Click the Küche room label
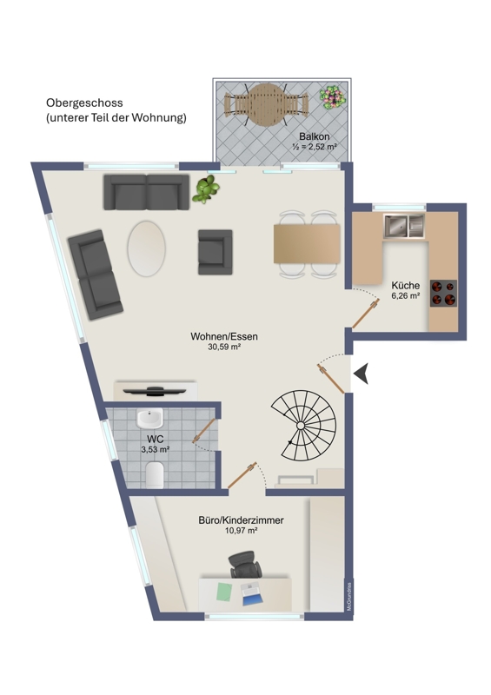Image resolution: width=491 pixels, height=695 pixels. point(405,285)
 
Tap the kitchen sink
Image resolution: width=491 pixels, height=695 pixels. point(403,226)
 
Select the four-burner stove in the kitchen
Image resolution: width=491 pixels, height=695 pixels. point(443,294)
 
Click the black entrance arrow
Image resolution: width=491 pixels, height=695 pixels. point(361,374)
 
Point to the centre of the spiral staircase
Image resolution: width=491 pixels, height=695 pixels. point(301,426)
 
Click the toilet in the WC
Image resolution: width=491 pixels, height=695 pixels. point(155,474)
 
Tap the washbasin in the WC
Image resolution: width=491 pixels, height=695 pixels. point(149,419)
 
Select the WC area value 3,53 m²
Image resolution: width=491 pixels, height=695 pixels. point(156,449)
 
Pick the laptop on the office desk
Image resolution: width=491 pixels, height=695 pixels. point(252,594)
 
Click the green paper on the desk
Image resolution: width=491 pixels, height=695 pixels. point(224,592)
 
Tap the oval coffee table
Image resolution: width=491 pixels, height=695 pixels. point(146,248)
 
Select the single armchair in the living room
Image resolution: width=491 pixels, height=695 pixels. point(216,252)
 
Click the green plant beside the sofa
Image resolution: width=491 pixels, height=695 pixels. point(206,189)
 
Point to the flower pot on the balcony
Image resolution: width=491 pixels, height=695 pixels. point(332,97)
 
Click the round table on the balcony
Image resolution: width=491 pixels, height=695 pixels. point(266,105)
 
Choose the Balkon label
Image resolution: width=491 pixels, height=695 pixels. point(314,136)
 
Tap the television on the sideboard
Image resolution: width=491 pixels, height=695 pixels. point(155,390)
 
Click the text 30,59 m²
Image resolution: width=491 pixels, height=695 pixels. point(224,347)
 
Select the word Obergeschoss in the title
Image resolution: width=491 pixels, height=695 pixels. point(84,103)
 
